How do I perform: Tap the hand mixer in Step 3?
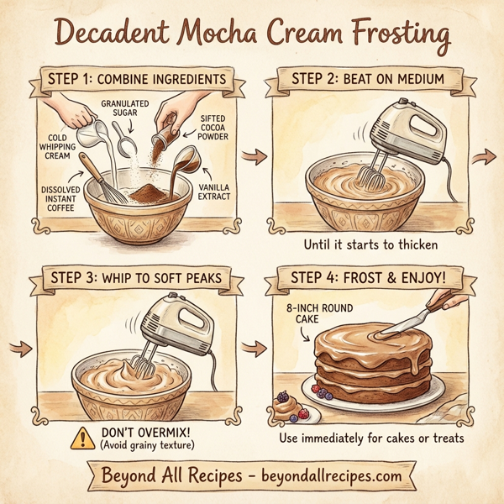click(x=169, y=328)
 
